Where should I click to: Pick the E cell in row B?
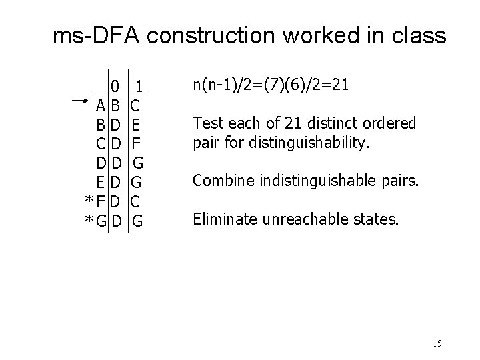tap(135, 125)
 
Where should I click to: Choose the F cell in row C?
tap(135, 143)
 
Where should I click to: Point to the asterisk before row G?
tap(88, 220)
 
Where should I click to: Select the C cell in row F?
tap(135, 200)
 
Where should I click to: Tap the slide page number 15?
tap(437, 344)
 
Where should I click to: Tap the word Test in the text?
tap(206, 123)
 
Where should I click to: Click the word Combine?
tap(221, 181)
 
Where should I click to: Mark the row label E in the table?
tap(99, 181)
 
